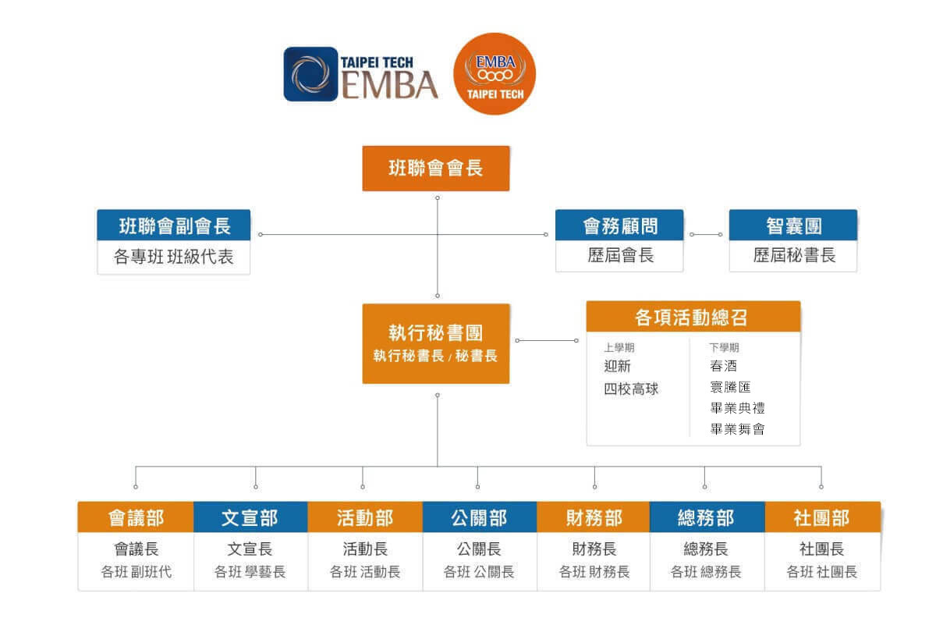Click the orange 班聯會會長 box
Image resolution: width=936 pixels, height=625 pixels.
pos(435,168)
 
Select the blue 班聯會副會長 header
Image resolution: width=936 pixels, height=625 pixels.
pos(174,225)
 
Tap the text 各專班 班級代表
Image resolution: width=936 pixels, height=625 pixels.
pos(174,257)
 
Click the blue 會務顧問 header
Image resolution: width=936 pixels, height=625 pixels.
pos(619,225)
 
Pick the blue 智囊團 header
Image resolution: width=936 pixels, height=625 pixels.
pos(792,225)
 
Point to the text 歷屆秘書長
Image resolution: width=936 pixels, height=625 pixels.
pos(792,256)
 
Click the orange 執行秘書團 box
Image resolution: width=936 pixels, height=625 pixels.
pos(435,343)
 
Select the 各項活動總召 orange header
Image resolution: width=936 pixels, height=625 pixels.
pos(693,317)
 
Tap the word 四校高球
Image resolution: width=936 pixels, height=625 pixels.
pos(631,388)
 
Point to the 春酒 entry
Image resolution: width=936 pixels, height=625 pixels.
pos(723,366)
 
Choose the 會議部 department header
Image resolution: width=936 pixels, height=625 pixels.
pos(136,517)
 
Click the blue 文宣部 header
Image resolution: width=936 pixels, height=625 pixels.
pos(250,517)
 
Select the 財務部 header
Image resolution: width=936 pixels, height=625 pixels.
pos(594,517)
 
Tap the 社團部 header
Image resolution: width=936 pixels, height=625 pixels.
pos(822,517)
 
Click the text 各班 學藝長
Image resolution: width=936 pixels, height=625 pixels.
pos(250,572)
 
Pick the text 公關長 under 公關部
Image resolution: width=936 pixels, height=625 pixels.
pos(479,549)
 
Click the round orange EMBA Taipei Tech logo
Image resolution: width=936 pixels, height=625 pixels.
pos(495,73)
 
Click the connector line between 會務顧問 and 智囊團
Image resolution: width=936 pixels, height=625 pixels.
pos(706,234)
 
